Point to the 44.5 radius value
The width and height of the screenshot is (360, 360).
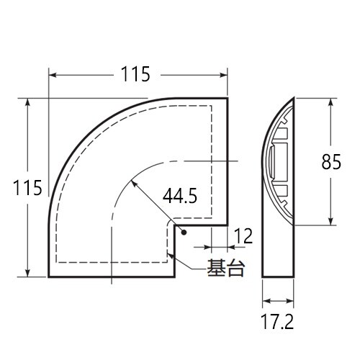click(x=180, y=195)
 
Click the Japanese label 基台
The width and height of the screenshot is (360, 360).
click(x=225, y=269)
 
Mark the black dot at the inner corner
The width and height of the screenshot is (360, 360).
click(x=184, y=233)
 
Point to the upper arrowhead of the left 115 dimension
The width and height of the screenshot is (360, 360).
click(x=28, y=102)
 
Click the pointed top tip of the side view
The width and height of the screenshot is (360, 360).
click(x=294, y=96)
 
